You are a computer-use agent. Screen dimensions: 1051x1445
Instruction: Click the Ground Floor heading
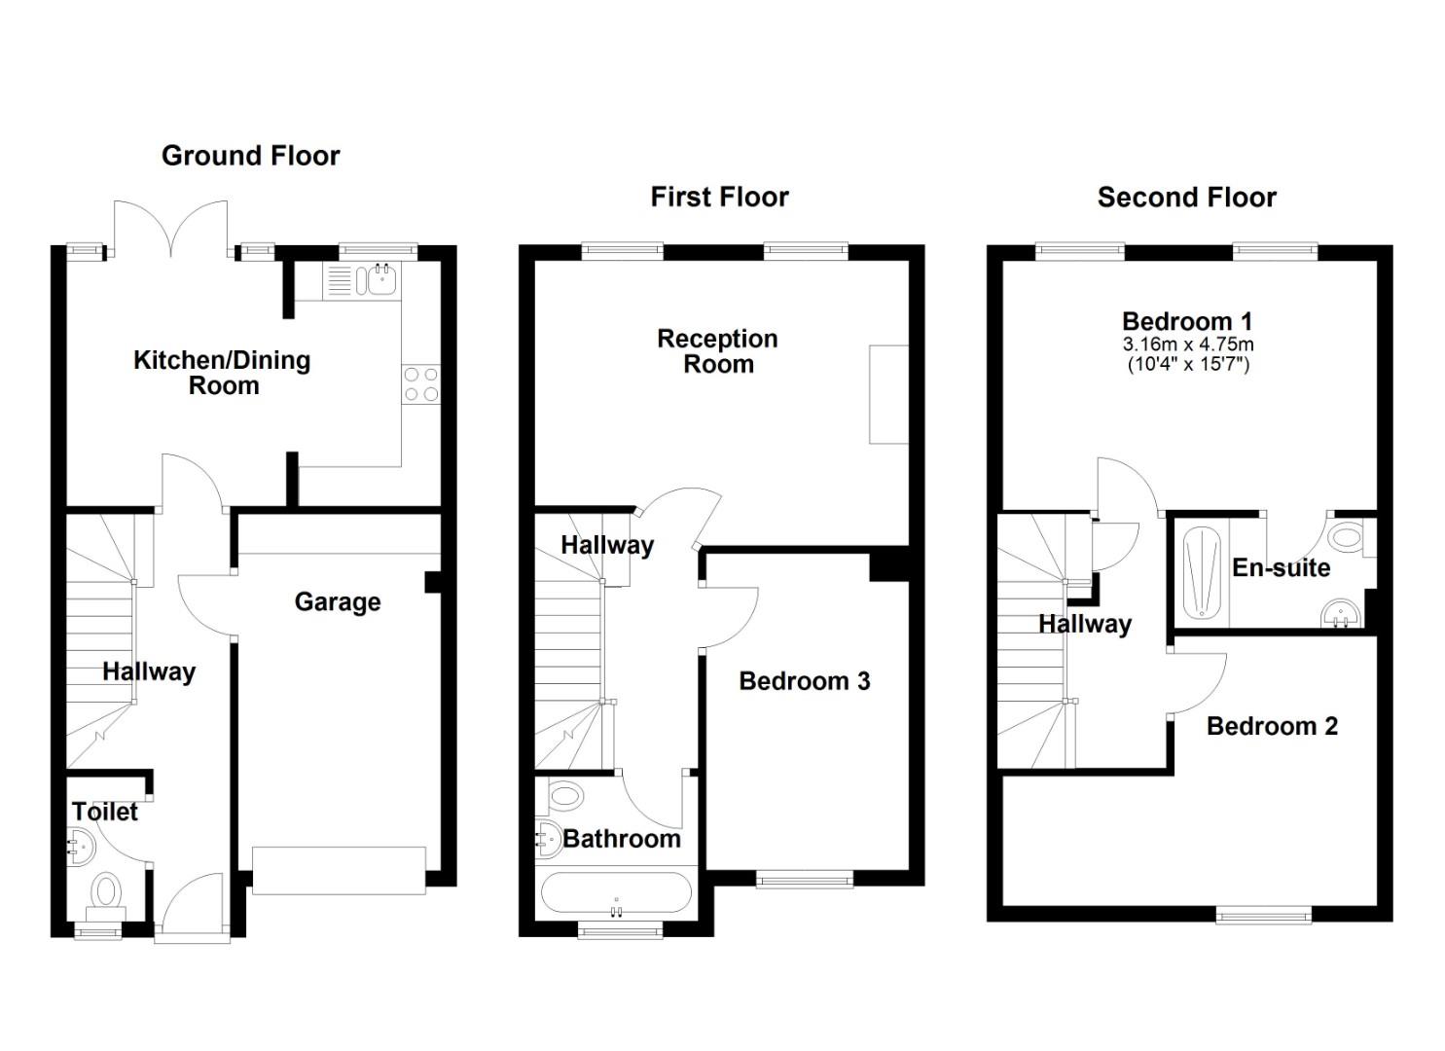pyautogui.click(x=250, y=156)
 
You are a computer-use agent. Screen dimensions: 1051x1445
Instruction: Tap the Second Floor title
pyautogui.click(x=1186, y=198)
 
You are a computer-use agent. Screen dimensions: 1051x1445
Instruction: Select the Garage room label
pyautogui.click(x=337, y=602)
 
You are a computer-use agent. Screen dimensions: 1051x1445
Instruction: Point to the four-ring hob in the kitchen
pyautogui.click(x=420, y=383)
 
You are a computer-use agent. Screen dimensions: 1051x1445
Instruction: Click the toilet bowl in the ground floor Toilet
pyautogui.click(x=105, y=891)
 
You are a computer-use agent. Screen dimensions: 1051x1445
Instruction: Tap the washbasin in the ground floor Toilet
pyautogui.click(x=81, y=846)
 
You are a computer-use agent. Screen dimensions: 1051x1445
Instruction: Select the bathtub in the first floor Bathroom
pyautogui.click(x=615, y=892)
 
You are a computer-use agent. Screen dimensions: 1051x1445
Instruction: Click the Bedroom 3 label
pyautogui.click(x=804, y=681)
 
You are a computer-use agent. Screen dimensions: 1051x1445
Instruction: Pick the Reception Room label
pyautogui.click(x=717, y=351)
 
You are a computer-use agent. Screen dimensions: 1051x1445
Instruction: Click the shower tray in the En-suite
pyautogui.click(x=1202, y=571)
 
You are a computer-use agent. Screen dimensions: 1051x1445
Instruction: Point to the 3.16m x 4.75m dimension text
pyautogui.click(x=1187, y=344)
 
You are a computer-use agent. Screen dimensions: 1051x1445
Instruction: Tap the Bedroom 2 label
pyautogui.click(x=1272, y=726)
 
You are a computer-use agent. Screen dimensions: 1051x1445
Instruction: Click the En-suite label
pyautogui.click(x=1281, y=568)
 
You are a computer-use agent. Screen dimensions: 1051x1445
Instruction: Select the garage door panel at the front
pyautogui.click(x=339, y=870)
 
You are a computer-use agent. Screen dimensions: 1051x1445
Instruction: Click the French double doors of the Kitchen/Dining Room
pyautogui.click(x=171, y=230)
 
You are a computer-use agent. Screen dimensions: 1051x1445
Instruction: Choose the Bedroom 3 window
pyautogui.click(x=805, y=880)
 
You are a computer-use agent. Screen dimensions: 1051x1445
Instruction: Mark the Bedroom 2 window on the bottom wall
pyautogui.click(x=1263, y=914)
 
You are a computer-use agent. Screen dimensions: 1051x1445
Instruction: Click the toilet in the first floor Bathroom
pyautogui.click(x=564, y=796)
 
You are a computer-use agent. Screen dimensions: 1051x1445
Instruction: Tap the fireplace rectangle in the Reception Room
pyautogui.click(x=888, y=394)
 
